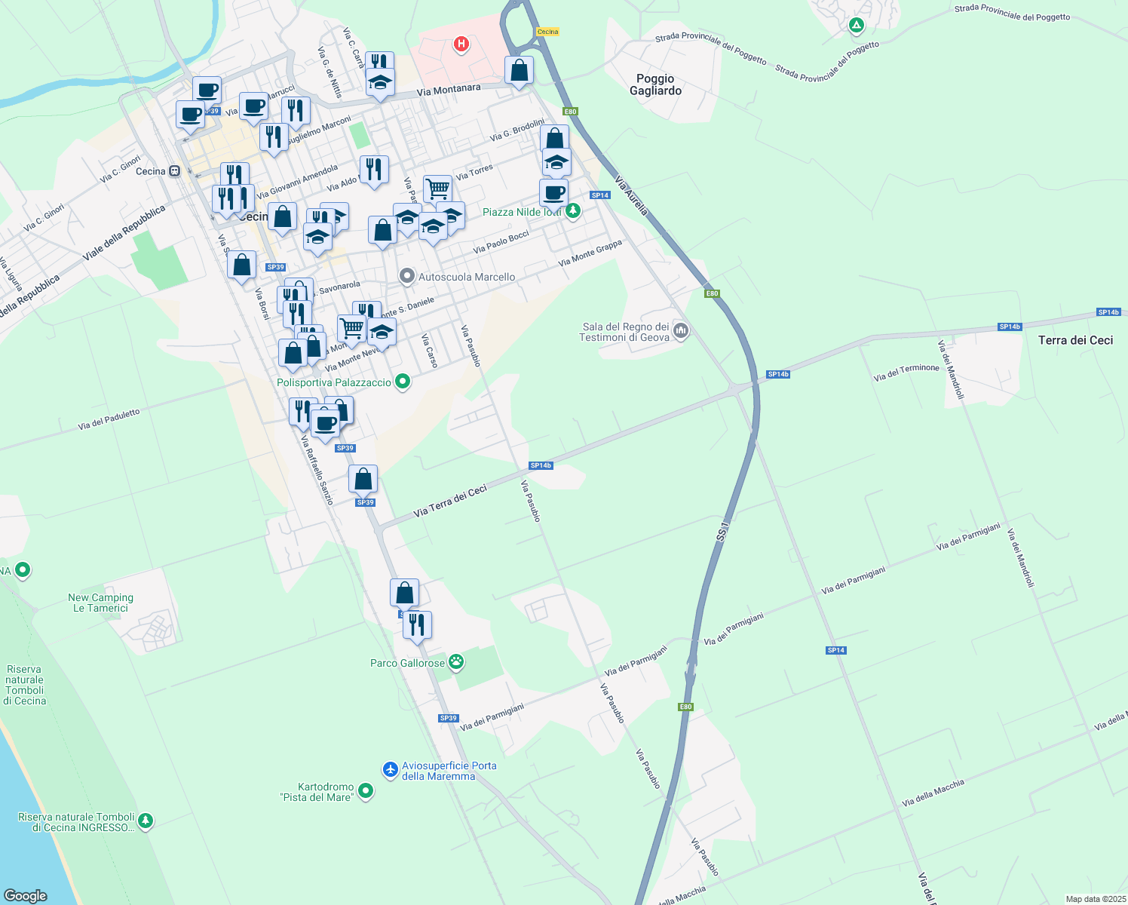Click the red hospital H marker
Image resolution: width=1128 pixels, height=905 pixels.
[x=461, y=44]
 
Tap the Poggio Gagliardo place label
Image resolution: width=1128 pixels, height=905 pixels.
[x=655, y=84]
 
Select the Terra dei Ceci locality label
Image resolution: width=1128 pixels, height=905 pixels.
[x=1075, y=340]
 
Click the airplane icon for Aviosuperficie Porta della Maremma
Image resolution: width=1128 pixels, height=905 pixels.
[x=390, y=769]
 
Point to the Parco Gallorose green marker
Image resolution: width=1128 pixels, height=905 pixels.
[x=456, y=662]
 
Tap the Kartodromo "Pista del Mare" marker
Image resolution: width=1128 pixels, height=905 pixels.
[x=366, y=791]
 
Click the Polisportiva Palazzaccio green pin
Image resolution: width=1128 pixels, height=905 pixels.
[x=403, y=382]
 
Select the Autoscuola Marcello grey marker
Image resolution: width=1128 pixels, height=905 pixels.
[x=407, y=276]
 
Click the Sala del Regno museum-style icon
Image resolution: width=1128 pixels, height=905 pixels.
[x=681, y=330]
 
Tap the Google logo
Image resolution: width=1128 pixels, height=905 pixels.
[x=26, y=895]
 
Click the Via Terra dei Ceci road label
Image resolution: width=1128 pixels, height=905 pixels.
[x=450, y=502]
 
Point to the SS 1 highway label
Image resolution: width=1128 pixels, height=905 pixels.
[x=724, y=530]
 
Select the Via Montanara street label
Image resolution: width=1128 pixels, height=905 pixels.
[x=448, y=90]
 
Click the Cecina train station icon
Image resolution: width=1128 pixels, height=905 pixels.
[x=174, y=171]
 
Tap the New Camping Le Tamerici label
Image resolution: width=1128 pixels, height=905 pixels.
[x=100, y=603]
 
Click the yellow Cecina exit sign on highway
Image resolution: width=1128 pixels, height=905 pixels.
[x=547, y=32]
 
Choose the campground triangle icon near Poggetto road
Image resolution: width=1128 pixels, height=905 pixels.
[x=856, y=26]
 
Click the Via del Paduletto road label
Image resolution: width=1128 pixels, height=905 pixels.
[x=109, y=420]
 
